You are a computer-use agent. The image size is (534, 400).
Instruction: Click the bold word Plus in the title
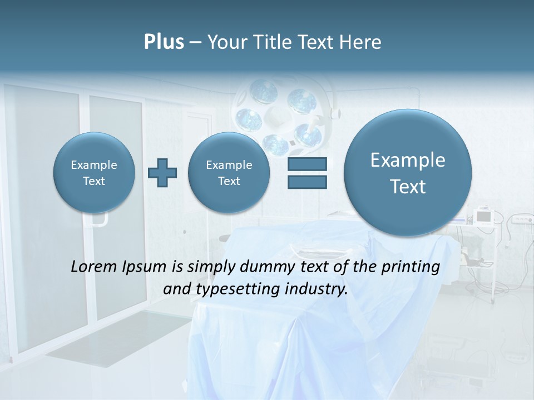point(164,42)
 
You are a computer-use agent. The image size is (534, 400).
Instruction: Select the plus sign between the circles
point(162,173)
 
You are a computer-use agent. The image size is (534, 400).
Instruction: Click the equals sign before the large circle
point(307,173)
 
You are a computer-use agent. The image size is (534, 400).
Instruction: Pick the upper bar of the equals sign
point(307,164)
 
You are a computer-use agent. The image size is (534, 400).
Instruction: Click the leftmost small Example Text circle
point(94,173)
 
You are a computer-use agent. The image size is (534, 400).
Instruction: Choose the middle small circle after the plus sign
point(229,173)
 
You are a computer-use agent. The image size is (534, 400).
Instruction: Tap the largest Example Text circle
point(408,173)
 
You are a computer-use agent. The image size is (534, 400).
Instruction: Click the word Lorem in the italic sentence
point(93,267)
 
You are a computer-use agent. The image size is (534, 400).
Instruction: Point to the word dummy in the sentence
point(265,267)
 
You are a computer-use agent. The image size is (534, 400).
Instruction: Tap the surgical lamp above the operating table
point(278,114)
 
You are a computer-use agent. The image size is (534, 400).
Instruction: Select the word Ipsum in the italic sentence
point(146,267)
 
